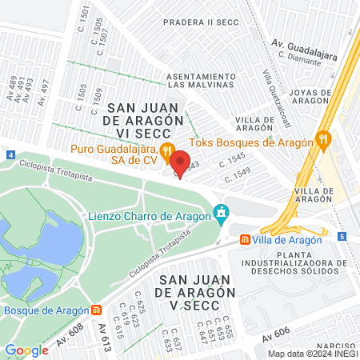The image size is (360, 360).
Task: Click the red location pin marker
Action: [x=180, y=163]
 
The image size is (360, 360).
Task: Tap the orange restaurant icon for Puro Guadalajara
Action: [x=166, y=149]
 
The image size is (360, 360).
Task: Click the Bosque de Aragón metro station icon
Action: [x=97, y=310]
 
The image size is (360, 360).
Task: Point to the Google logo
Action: [x=26, y=350]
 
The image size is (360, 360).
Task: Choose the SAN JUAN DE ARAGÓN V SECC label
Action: [x=197, y=286]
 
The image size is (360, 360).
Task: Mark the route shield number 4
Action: [x=10, y=154]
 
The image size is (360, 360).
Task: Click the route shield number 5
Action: [x=342, y=236]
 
